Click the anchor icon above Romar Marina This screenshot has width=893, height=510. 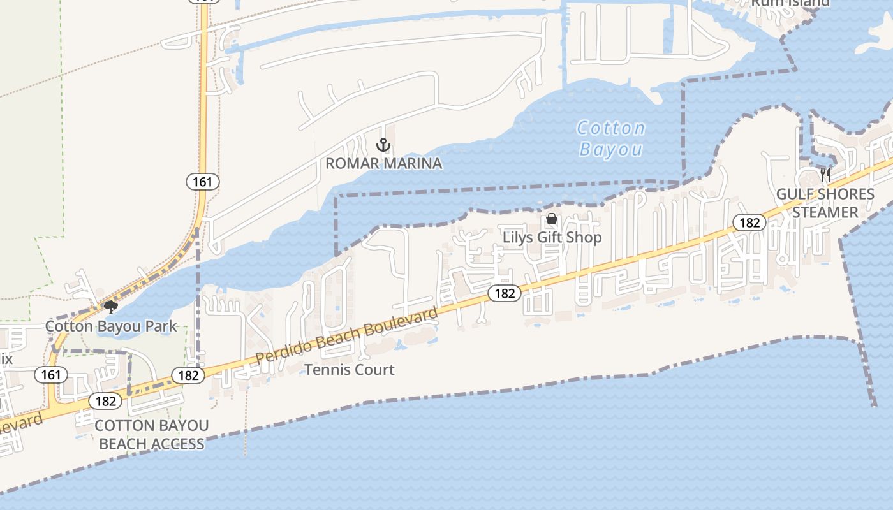383,145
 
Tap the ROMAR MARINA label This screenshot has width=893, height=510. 383,163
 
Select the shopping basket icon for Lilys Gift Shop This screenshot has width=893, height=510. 552,219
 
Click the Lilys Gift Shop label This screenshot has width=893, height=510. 552,237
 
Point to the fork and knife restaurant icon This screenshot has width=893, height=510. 825,175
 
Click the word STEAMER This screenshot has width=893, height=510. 825,212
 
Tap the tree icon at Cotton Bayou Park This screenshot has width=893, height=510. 111,308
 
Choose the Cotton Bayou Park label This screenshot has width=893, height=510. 111,326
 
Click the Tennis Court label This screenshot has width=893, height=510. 350,370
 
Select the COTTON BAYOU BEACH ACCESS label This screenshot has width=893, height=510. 152,434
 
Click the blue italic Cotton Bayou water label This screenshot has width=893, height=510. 611,138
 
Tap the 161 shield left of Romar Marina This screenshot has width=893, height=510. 203,182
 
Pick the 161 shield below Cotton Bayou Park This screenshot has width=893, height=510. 50,374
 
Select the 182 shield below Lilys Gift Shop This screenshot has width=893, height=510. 505,293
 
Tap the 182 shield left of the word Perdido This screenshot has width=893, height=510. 189,375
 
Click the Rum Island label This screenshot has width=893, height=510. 790,3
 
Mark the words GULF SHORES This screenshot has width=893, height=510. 825,194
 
